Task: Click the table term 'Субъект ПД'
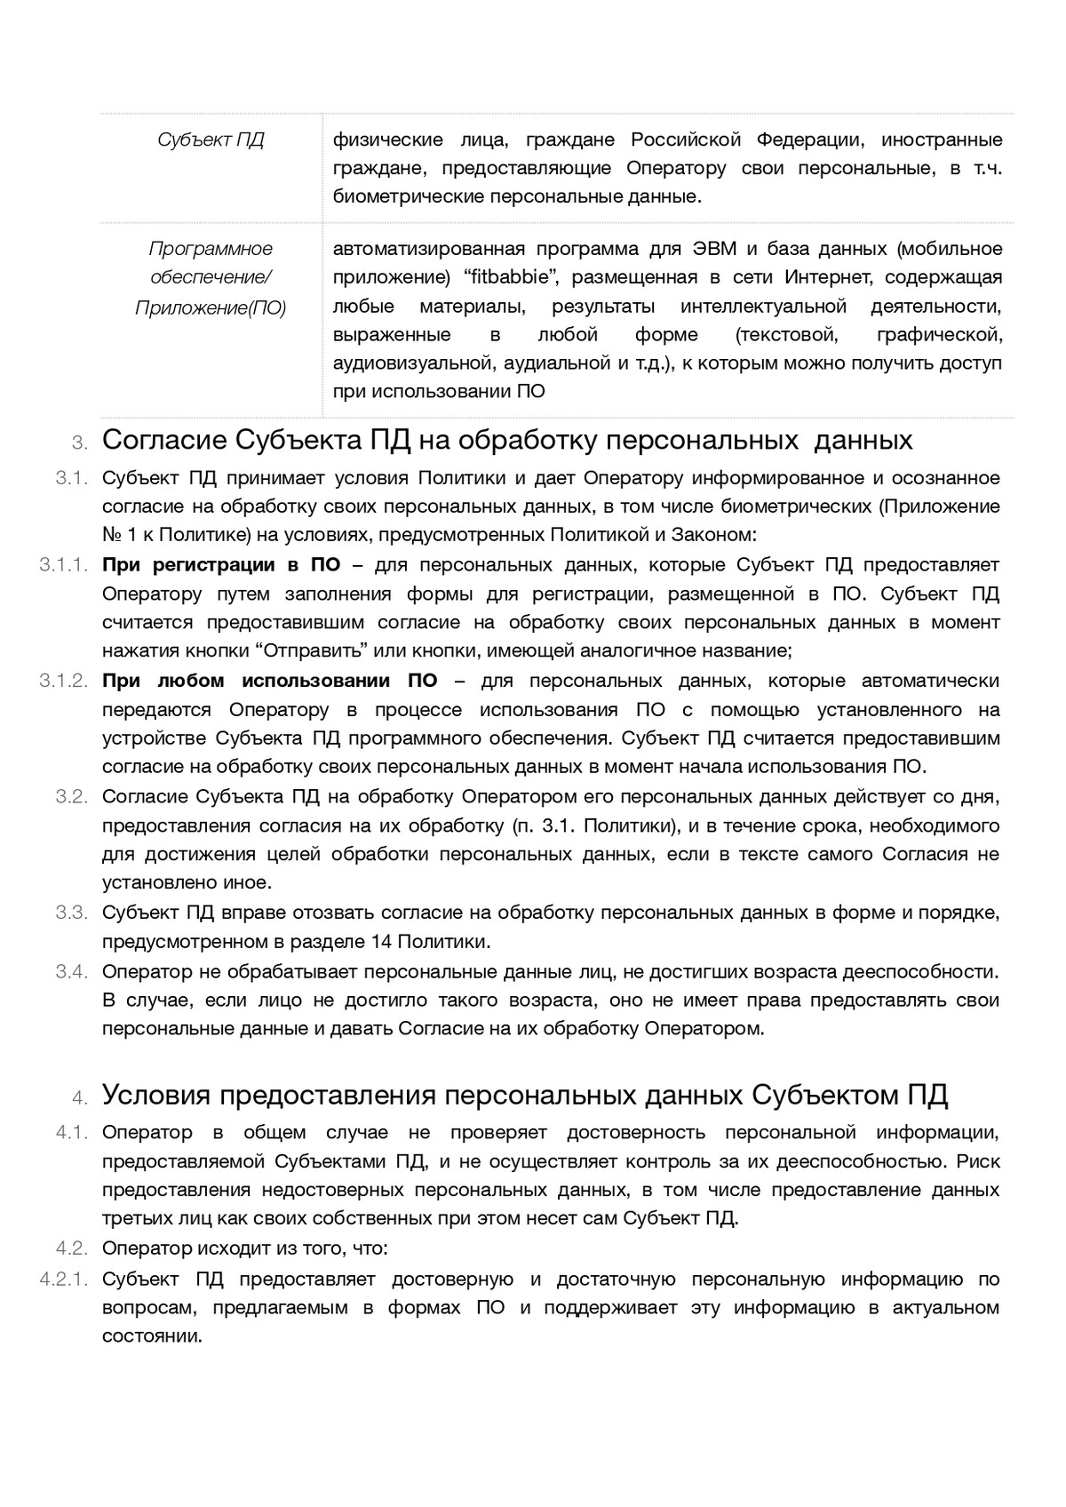[x=211, y=140]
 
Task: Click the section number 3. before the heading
[x=80, y=443]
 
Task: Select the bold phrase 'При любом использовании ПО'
[x=269, y=682]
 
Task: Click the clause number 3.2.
[x=72, y=797]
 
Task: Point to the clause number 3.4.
[x=72, y=972]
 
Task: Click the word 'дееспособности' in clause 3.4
[x=929, y=972]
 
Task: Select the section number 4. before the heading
[x=80, y=1098]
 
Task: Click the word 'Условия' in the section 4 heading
[x=156, y=1096]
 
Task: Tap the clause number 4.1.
[x=72, y=1133]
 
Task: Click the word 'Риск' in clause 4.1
[x=980, y=1161]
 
